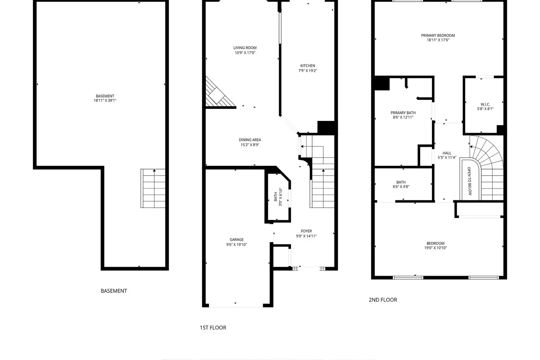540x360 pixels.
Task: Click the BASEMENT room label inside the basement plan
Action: [x=105, y=96]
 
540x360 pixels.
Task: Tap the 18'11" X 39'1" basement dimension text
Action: [x=105, y=100]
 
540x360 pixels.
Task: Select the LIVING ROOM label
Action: [x=245, y=48]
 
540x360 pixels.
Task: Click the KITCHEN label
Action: [x=307, y=66]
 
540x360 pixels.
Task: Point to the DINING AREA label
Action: [x=250, y=140]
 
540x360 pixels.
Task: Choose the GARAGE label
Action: [x=237, y=239]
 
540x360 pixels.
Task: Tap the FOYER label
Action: [x=306, y=231]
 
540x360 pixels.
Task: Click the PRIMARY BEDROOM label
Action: [x=438, y=35]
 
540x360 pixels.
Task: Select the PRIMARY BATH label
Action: [x=403, y=113]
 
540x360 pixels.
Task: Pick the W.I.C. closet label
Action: [x=485, y=104]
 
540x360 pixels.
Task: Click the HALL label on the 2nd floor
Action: [x=447, y=153]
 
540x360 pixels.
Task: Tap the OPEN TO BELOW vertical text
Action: [x=469, y=181]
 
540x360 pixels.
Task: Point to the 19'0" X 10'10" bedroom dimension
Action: [x=435, y=248]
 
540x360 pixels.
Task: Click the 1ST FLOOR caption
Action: [x=213, y=328]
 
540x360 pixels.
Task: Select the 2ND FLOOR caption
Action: [x=383, y=300]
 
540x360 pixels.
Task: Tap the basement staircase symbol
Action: [x=153, y=188]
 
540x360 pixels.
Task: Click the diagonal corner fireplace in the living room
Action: [x=218, y=94]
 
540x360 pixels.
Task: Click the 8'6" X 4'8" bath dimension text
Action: [x=401, y=186]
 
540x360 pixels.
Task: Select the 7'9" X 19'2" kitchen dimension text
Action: [x=307, y=71]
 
